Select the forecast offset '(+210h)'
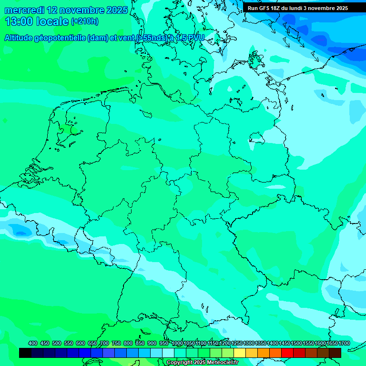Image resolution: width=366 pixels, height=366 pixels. coord(84,21)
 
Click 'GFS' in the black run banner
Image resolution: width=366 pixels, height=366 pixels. coord(266,8)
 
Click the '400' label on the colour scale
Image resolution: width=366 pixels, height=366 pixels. coord(33,343)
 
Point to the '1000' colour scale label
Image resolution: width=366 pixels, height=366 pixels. coord(177,343)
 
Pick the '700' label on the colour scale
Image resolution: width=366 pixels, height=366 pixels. coord(104,343)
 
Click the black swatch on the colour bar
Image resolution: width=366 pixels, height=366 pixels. coord(25,353)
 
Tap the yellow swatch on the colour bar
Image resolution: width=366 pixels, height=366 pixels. coord(240,353)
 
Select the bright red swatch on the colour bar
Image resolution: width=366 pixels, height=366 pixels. coord(287,353)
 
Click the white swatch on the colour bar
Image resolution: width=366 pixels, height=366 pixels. coord(168,353)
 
